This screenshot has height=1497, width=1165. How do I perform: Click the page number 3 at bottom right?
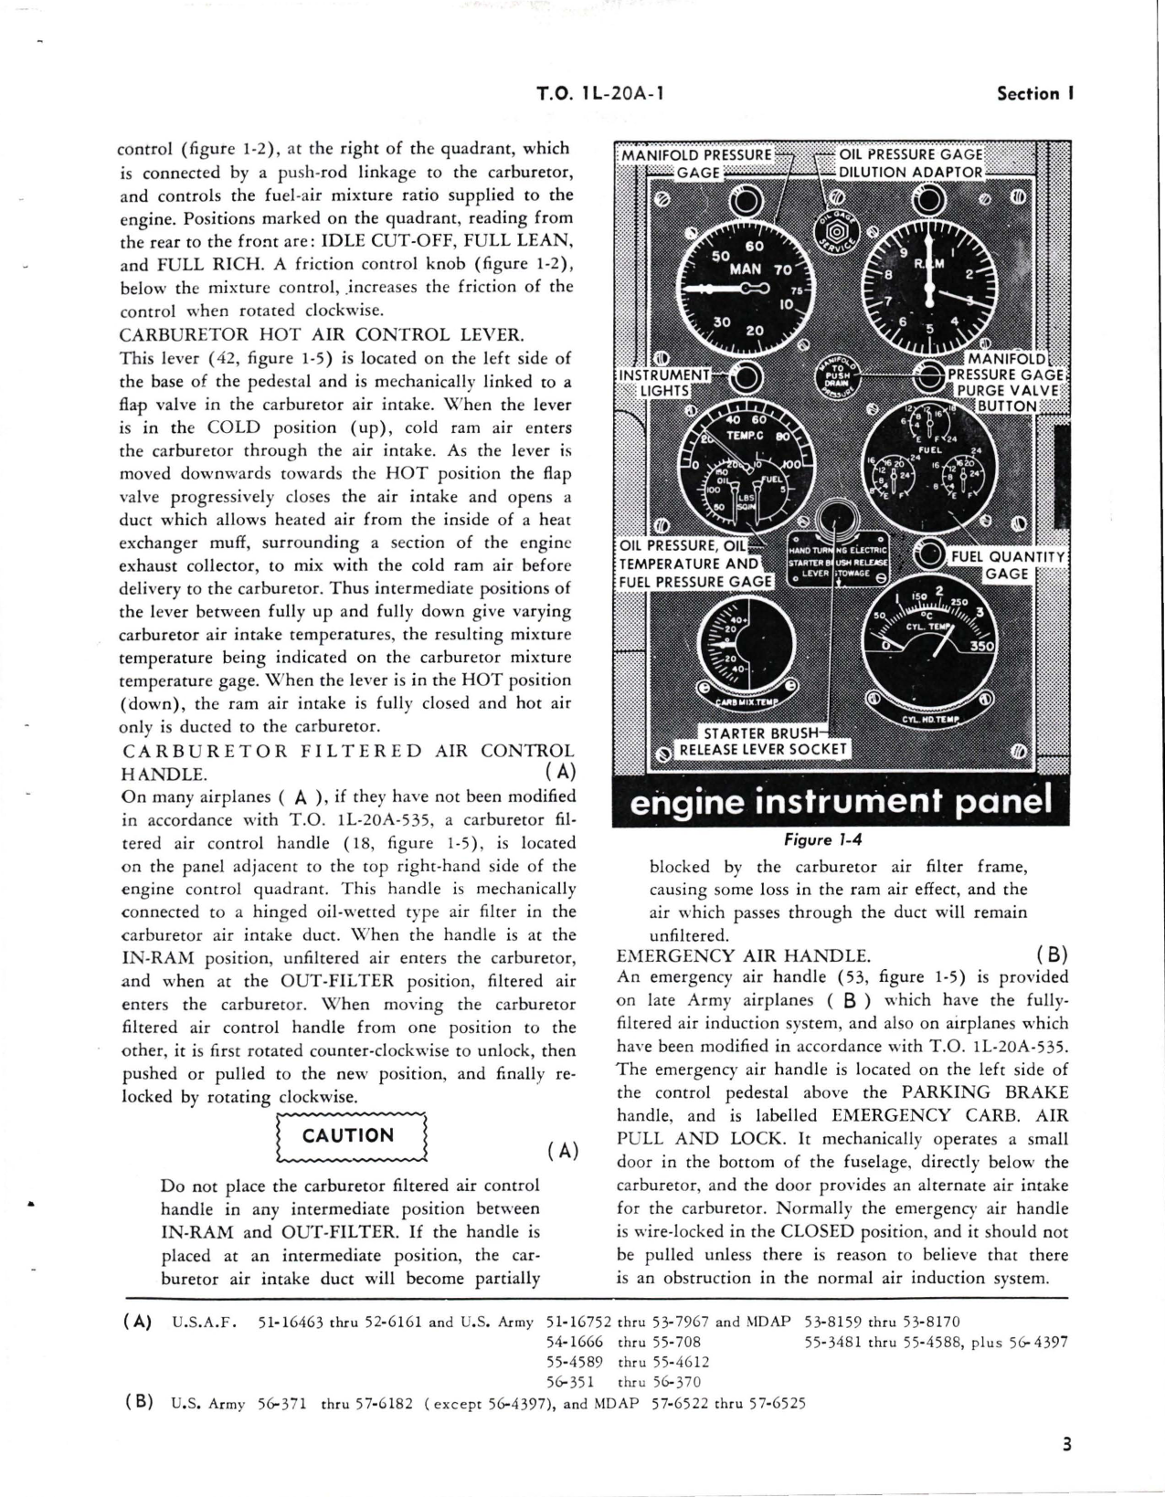[x=1066, y=1445]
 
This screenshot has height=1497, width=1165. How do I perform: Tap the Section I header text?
[x=1033, y=93]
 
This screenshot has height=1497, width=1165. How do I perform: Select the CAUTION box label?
[x=348, y=1135]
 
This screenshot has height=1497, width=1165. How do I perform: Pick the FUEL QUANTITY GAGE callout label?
[x=1008, y=564]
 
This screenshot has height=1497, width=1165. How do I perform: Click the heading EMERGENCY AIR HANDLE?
[x=743, y=955]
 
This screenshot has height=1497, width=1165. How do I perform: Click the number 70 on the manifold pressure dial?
[x=783, y=270]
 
